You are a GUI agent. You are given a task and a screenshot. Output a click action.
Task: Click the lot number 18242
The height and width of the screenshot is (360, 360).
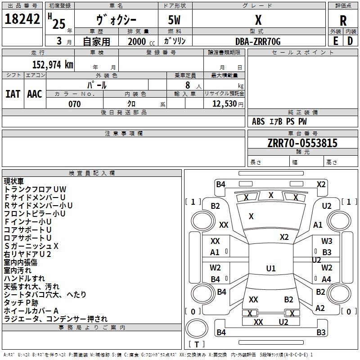(22, 19)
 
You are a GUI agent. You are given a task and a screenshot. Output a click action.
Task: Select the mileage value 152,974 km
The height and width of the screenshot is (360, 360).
(53, 65)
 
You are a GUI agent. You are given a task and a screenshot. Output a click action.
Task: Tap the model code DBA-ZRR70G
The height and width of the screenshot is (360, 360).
(258, 41)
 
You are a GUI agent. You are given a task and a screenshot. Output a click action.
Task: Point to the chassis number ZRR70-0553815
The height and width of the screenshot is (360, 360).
(302, 143)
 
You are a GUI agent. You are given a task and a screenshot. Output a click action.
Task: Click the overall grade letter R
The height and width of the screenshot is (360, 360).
(343, 21)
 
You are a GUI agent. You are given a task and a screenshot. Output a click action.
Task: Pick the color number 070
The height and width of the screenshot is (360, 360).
(75, 104)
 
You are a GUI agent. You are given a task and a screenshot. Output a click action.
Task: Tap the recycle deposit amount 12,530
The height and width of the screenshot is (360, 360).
(225, 104)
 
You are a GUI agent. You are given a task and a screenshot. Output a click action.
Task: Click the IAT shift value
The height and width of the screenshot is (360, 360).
(13, 94)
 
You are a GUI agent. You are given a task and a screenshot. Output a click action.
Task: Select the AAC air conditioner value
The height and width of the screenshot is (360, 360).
(35, 94)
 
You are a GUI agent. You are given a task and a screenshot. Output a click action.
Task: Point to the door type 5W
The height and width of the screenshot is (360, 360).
(174, 20)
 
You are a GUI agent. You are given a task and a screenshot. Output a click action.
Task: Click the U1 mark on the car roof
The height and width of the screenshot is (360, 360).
(271, 268)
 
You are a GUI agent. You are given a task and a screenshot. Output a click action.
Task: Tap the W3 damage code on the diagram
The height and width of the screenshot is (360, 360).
(327, 241)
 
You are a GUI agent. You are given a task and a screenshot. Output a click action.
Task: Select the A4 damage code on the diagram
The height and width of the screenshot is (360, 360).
(326, 279)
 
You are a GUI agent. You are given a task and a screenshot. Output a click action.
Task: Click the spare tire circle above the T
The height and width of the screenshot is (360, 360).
(197, 328)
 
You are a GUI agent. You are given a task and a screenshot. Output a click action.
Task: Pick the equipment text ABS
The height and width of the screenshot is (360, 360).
(258, 121)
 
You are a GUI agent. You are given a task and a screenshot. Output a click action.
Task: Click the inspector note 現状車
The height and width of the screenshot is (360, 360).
(14, 181)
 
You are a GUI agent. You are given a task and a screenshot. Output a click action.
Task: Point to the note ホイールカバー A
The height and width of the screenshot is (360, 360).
(31, 311)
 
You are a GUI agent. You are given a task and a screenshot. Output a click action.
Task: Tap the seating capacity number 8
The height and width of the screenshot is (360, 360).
(188, 85)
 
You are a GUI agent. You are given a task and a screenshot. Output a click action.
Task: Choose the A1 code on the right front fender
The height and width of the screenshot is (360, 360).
(318, 225)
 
